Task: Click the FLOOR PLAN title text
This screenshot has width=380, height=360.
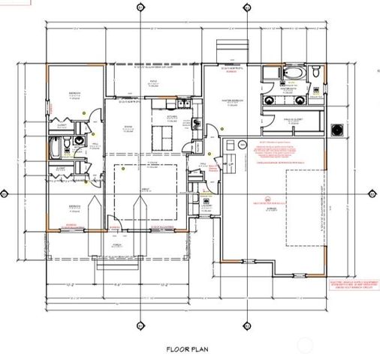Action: pos(188,349)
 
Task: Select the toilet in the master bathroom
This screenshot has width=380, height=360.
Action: pos(317,73)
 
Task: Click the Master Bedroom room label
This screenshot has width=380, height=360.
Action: pos(234,102)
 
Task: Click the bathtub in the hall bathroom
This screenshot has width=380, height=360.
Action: pos(57,147)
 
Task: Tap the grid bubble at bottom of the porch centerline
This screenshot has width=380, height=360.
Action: pos(140,325)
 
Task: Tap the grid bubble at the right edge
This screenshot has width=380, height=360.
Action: pos(372,193)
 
